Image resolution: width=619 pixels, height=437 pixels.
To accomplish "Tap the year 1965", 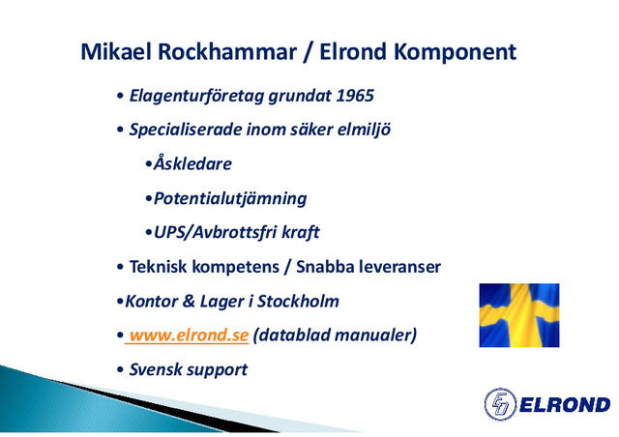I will pos(354,97).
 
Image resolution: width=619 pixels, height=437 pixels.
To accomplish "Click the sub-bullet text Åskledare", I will pos(192,163).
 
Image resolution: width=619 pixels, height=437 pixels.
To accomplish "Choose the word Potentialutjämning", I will pos(229,198).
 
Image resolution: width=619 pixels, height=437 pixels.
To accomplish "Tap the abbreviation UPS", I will pos(171,233).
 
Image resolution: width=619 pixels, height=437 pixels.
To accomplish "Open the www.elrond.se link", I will pos(189,335).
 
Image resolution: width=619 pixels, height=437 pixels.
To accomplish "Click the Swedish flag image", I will pos(519,315).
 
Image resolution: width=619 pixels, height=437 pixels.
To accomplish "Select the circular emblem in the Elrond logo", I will pos(500,404).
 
